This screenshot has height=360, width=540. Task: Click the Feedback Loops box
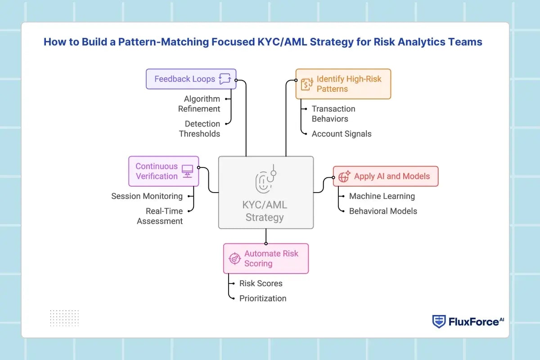pyautogui.click(x=191, y=79)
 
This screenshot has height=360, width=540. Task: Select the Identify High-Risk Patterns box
pyautogui.click(x=343, y=84)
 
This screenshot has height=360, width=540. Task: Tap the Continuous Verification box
pyautogui.click(x=163, y=171)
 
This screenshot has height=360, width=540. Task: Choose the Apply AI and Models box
pyautogui.click(x=385, y=176)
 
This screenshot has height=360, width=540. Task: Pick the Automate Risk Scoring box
pyautogui.click(x=265, y=258)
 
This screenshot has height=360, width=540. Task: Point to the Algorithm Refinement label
pyautogui.click(x=202, y=104)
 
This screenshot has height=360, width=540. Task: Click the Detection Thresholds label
pyautogui.click(x=200, y=129)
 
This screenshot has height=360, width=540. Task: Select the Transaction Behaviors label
pyautogui.click(x=333, y=114)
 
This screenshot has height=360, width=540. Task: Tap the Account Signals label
pyautogui.click(x=342, y=134)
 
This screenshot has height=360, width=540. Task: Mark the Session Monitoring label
pyautogui.click(x=147, y=196)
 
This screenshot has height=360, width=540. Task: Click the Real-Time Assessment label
pyautogui.click(x=160, y=216)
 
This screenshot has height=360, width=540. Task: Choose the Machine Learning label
pyautogui.click(x=382, y=196)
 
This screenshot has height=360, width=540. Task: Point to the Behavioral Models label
pyautogui.click(x=383, y=211)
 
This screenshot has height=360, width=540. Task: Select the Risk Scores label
pyautogui.click(x=261, y=283)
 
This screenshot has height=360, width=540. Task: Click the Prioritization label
pyautogui.click(x=263, y=298)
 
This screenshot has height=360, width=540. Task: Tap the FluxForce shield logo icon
pyautogui.click(x=439, y=321)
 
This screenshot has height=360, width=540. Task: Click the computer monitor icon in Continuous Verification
pyautogui.click(x=187, y=171)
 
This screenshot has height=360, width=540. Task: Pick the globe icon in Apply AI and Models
pyautogui.click(x=344, y=176)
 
